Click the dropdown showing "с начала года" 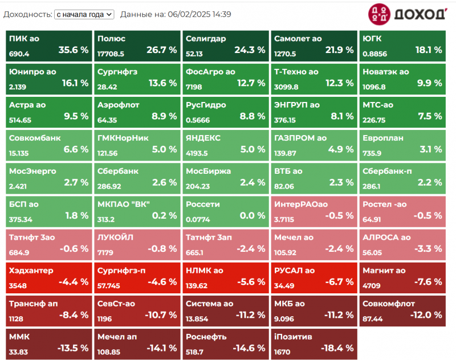[x=84, y=14]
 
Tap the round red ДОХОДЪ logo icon [x=379, y=14]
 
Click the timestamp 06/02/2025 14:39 [x=199, y=14]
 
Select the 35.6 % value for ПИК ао [x=74, y=50]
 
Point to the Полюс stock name [x=111, y=39]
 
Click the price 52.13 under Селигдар [x=194, y=54]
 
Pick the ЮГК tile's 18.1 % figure [x=429, y=50]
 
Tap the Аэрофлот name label [x=119, y=105]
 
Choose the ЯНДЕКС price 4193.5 [x=197, y=153]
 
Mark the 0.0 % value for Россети [x=253, y=215]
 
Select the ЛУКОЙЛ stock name [x=115, y=238]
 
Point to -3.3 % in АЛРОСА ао [x=428, y=249]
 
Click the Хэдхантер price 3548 [x=18, y=285]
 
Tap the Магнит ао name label [x=384, y=271]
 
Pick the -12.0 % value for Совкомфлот [x=426, y=315]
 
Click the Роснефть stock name [x=206, y=337]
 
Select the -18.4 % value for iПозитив [x=337, y=348]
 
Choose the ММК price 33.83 [x=18, y=352]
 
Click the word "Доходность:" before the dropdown [x=28, y=14]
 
